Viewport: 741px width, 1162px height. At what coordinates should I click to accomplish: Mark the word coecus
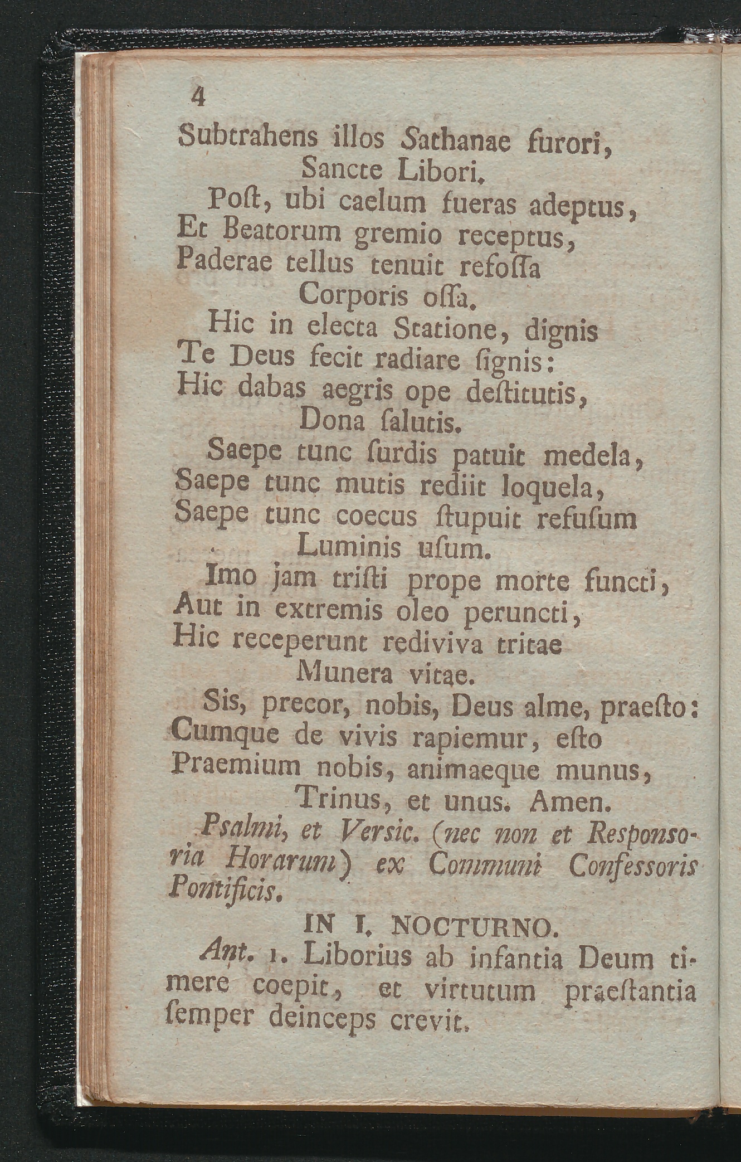[377, 516]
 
